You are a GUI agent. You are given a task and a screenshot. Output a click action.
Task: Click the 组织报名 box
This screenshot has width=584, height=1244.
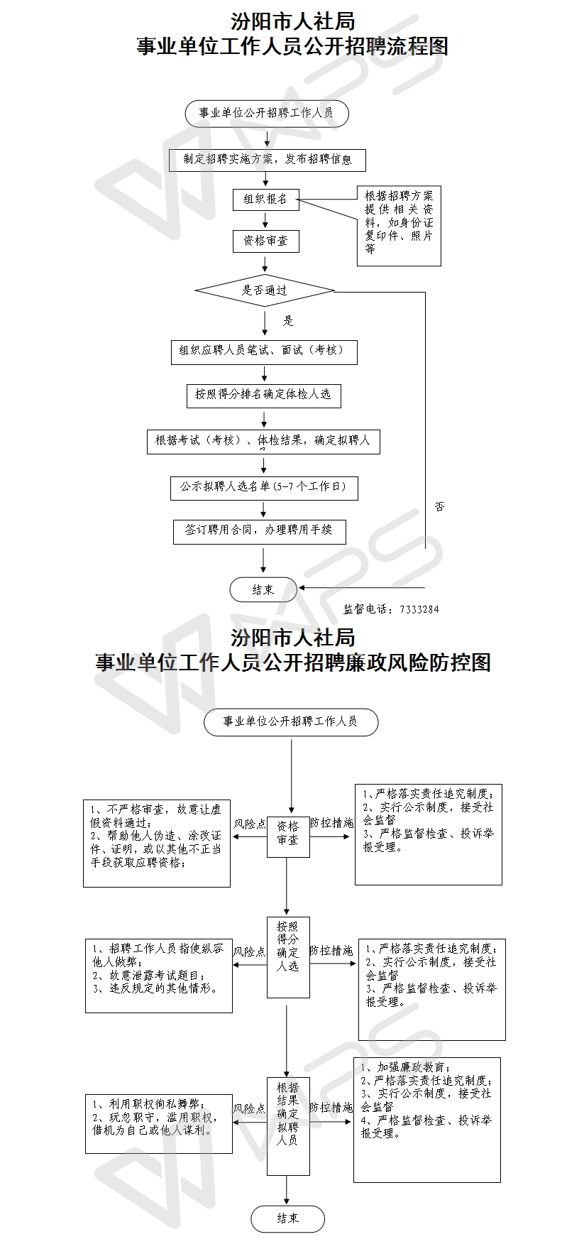click(x=266, y=200)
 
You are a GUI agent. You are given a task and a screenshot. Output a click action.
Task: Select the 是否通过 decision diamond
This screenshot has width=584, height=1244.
click(x=265, y=290)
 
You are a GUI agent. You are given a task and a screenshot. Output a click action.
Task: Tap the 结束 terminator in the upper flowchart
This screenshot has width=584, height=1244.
click(x=263, y=589)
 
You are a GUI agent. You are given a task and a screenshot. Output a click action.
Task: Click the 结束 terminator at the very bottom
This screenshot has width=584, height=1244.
click(x=287, y=1218)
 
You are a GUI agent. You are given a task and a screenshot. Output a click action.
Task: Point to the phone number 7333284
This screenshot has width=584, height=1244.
click(x=419, y=609)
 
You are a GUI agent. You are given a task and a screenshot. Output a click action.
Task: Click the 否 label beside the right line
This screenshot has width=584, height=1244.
click(x=440, y=507)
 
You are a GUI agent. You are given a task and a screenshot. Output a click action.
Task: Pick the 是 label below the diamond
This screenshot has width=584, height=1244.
click(x=288, y=321)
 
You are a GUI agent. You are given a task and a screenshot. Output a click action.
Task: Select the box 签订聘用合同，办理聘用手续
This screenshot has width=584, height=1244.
click(x=259, y=532)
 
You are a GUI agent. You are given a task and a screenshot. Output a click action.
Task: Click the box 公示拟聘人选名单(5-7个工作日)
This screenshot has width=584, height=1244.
click(x=264, y=488)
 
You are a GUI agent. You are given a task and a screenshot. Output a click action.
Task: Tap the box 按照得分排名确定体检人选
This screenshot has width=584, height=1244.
click(x=263, y=395)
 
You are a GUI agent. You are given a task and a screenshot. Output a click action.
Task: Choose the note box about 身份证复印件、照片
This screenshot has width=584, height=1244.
click(x=399, y=227)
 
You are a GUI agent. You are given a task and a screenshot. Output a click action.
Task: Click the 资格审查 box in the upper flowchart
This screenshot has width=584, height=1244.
click(x=266, y=241)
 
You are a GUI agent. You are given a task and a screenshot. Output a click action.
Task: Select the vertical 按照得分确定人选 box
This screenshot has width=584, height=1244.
click(x=288, y=957)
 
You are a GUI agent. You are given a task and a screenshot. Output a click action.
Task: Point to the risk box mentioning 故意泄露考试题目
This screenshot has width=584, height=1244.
click(x=158, y=976)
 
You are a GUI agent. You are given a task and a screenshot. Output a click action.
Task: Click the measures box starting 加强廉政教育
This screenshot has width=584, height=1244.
click(x=427, y=1120)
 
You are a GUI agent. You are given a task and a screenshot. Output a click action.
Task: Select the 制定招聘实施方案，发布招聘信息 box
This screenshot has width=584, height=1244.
click(x=267, y=160)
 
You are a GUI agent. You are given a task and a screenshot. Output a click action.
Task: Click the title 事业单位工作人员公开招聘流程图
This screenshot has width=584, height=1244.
click(x=292, y=47)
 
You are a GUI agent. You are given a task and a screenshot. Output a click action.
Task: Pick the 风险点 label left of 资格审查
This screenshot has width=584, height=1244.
click(x=250, y=824)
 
